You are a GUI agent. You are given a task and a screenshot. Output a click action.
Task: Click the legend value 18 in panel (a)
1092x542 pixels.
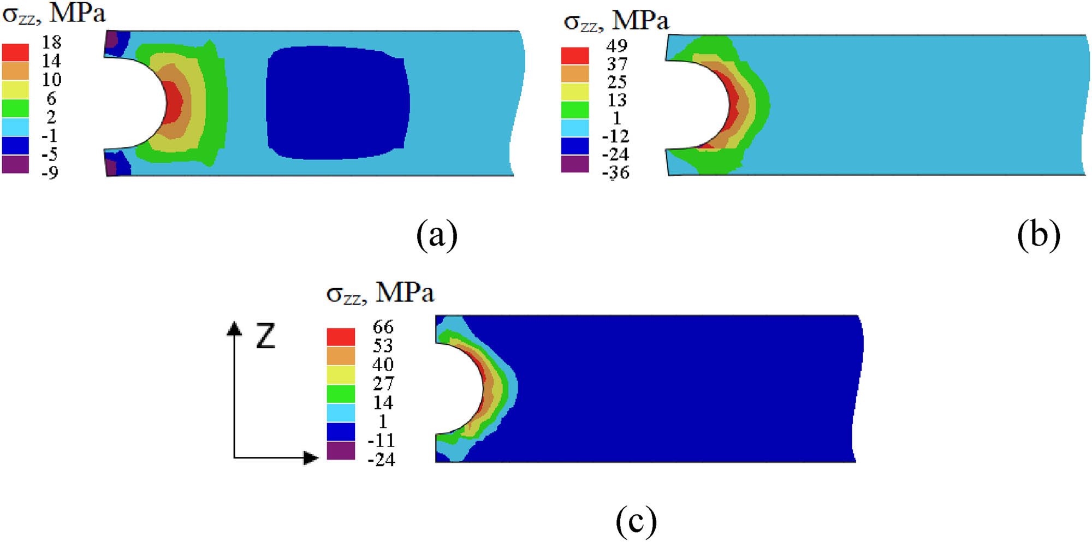52,42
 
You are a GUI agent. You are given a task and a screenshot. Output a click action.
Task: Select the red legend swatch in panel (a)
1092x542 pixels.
15,52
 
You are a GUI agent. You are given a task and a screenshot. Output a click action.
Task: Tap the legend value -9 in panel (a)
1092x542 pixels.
50,172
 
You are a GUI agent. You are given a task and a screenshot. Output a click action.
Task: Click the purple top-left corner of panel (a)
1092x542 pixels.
111,40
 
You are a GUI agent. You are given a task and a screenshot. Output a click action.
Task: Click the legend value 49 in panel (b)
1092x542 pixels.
617,46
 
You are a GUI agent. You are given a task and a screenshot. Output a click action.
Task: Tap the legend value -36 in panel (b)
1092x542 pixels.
615,172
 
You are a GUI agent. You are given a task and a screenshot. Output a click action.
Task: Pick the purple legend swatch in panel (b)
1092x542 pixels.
575,164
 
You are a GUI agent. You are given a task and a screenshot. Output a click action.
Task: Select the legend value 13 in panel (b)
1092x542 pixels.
617,100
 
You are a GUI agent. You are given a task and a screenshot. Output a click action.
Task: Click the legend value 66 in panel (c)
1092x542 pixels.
383,327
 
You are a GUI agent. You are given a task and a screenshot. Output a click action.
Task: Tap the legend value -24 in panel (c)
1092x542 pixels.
381,460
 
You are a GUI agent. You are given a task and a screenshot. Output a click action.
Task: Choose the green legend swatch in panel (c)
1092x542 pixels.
341,394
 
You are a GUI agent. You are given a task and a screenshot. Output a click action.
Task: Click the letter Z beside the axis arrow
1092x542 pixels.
266,336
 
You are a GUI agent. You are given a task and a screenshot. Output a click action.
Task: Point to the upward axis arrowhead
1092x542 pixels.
234,328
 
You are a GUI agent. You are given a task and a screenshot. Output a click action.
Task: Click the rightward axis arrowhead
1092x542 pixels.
311,457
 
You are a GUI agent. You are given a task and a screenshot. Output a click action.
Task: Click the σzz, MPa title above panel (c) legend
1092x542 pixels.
380,293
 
